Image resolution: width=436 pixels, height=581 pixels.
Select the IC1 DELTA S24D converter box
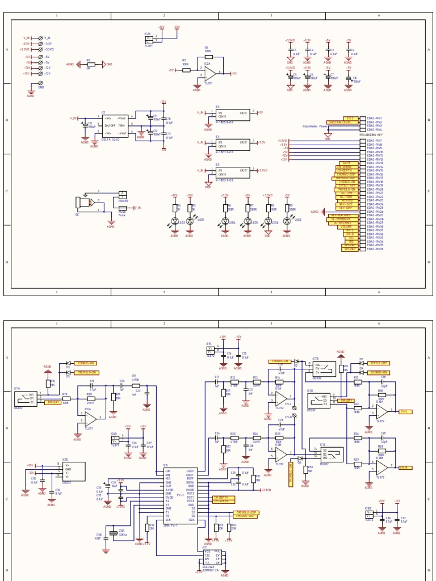click(x=115, y=125)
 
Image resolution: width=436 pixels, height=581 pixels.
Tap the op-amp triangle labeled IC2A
click(x=209, y=73)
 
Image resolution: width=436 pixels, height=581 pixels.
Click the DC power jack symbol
click(x=83, y=203)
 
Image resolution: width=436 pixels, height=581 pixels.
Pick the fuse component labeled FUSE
click(x=123, y=210)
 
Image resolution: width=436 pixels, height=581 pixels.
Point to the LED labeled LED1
click(x=190, y=221)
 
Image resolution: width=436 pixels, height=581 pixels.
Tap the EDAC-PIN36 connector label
click(x=375, y=249)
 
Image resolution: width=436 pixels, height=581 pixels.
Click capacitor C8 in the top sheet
click(x=349, y=79)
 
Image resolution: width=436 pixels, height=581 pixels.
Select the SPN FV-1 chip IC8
click(x=179, y=495)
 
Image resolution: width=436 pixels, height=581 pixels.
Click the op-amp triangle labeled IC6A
click(x=90, y=418)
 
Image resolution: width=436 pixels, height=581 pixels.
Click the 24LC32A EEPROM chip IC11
click(x=213, y=558)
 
